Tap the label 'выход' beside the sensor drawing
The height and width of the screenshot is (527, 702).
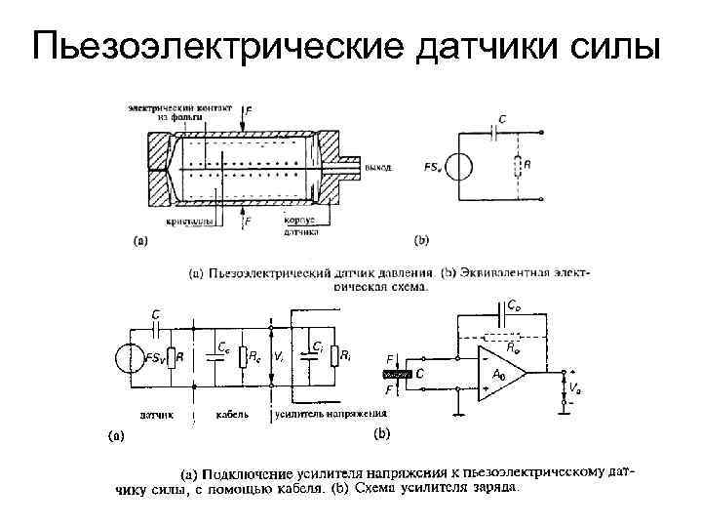pyautogui.click(x=378, y=167)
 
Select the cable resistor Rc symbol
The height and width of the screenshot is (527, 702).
pyautogui.click(x=244, y=357)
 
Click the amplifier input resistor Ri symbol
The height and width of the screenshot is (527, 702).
pyautogui.click(x=334, y=356)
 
